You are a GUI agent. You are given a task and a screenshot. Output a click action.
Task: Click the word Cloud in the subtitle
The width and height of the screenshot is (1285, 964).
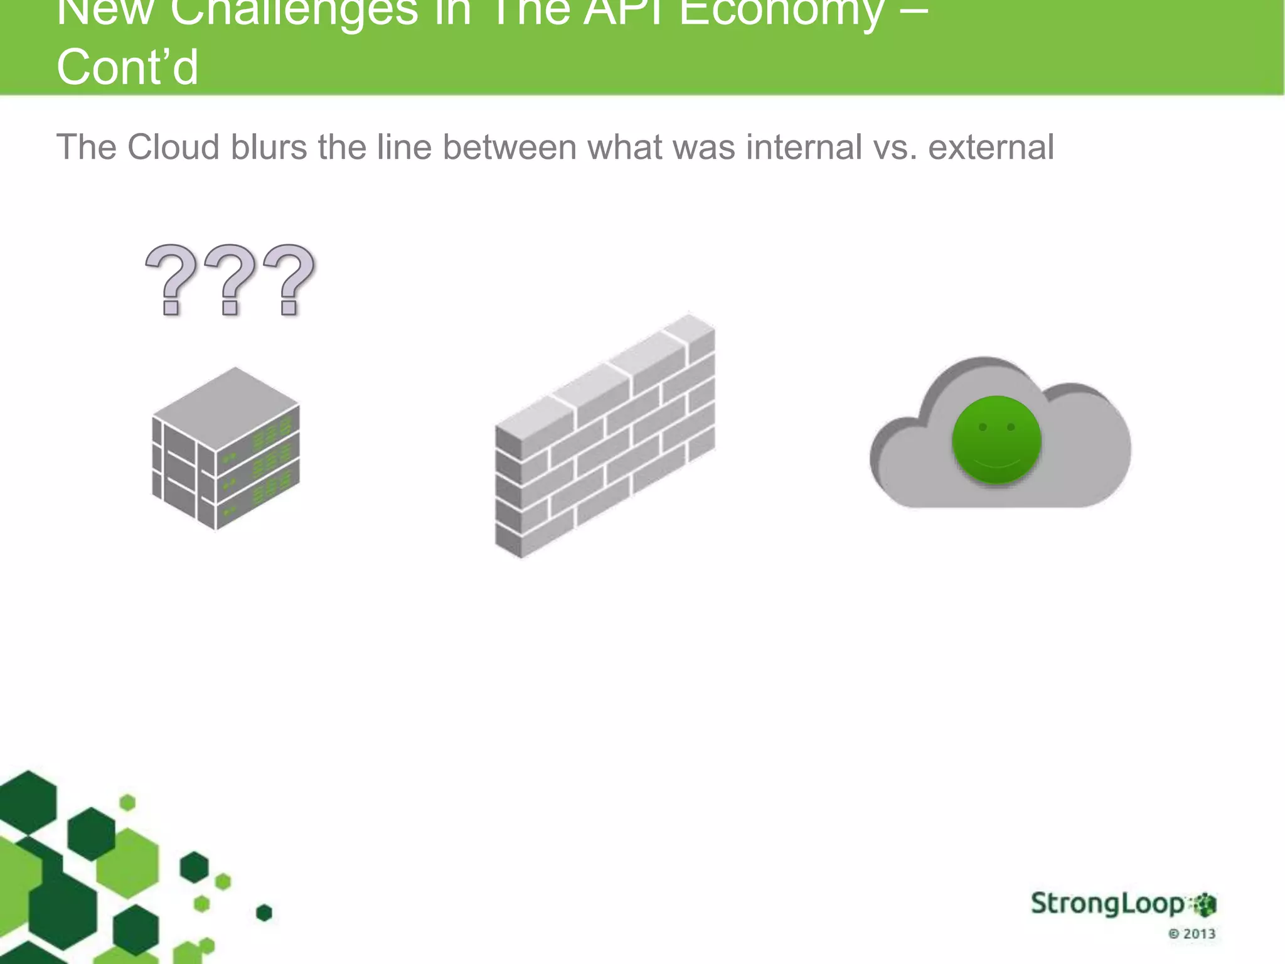173,147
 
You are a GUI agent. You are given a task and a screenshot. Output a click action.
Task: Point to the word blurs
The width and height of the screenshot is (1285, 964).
269,147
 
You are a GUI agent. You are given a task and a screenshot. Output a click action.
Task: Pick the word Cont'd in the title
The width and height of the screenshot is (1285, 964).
127,67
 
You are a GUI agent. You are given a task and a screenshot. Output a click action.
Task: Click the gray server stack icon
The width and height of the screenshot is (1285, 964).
225,449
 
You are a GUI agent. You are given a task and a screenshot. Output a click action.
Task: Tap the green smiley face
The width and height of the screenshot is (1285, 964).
996,440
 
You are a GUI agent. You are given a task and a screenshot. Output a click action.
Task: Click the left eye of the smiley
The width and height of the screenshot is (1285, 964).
983,427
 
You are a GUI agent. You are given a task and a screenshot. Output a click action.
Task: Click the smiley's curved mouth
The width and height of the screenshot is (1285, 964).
997,464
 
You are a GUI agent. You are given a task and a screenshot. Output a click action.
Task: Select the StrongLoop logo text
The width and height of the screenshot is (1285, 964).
1107,904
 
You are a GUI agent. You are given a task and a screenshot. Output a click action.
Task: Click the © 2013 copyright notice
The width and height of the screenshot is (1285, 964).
1192,934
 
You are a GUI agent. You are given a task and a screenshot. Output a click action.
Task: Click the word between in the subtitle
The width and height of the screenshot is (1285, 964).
509,147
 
